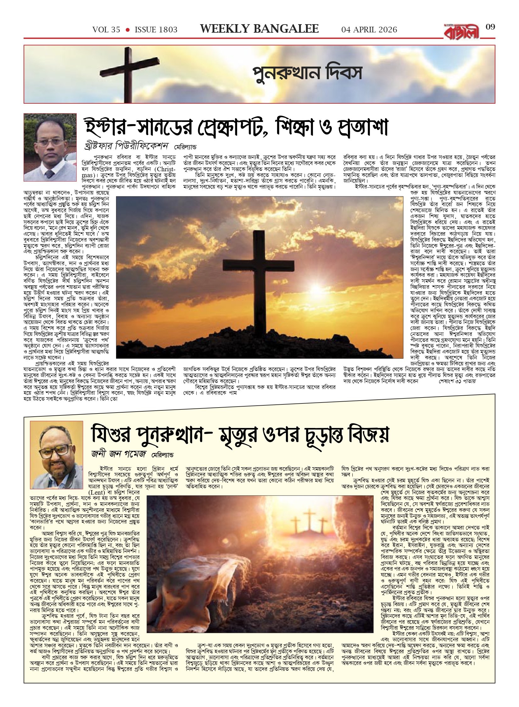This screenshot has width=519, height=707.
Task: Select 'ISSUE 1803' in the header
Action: click(x=156, y=30)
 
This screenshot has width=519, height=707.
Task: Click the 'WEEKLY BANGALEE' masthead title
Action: click(x=259, y=29)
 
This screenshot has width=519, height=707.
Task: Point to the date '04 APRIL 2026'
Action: click(x=369, y=30)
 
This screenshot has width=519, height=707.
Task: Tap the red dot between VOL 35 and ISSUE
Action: click(x=127, y=30)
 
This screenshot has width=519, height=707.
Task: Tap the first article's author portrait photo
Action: click(x=50, y=147)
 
